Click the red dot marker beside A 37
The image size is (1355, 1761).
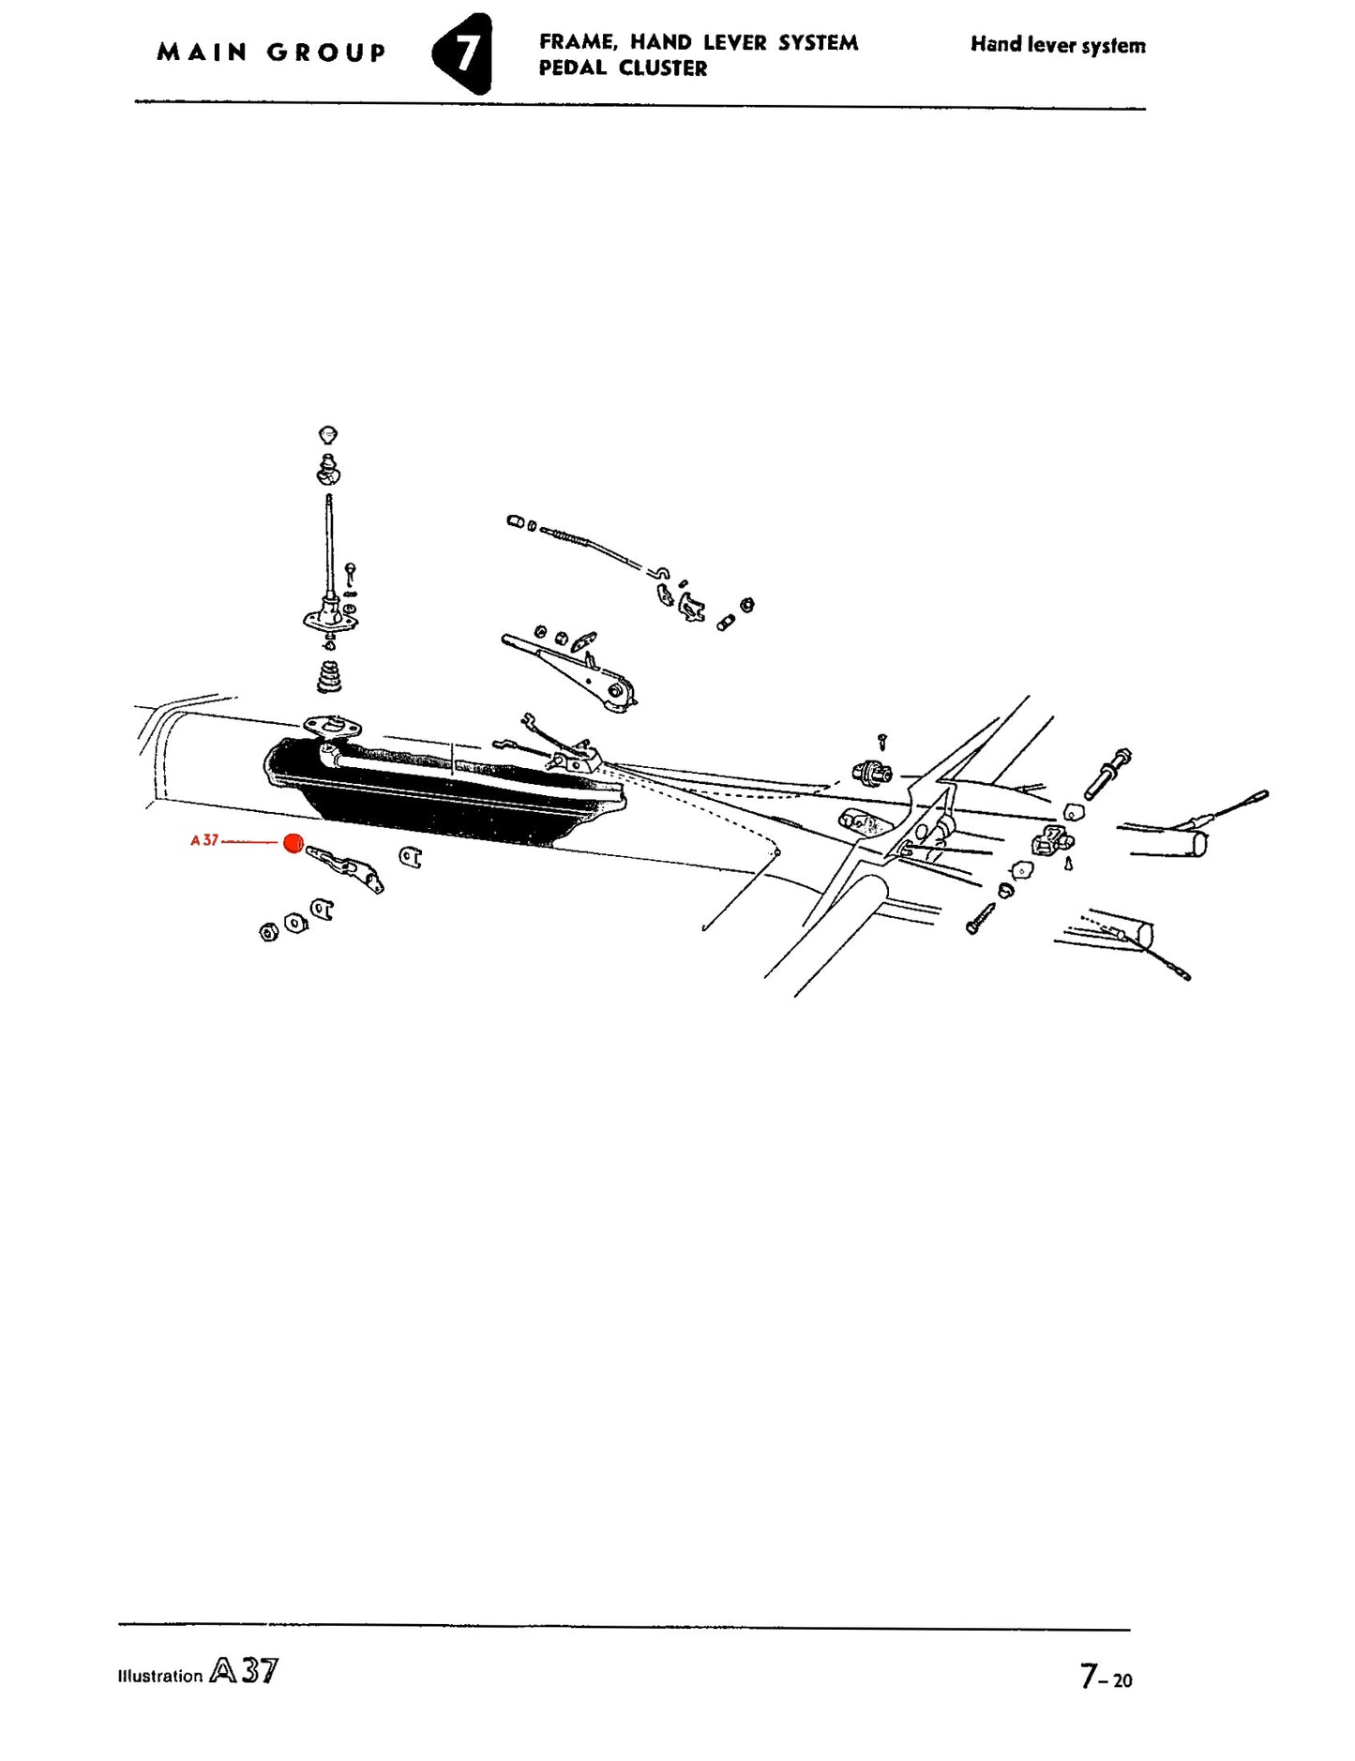coord(294,843)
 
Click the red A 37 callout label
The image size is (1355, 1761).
coord(204,840)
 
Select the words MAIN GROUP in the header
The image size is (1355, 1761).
coord(271,53)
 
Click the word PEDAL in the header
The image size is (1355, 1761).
coord(572,68)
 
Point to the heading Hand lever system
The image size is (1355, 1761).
coord(1058,45)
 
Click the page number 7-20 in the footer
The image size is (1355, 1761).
coord(1106,1675)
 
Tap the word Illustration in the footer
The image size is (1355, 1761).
coord(160,1677)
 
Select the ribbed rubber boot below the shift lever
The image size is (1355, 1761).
coord(328,677)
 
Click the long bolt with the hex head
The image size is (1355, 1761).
coord(1107,774)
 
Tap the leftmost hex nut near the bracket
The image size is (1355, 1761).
coord(269,932)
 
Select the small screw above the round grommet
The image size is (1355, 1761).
coord(881,743)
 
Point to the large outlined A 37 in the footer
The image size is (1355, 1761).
coord(244,1671)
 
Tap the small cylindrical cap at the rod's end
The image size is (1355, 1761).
coord(515,521)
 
